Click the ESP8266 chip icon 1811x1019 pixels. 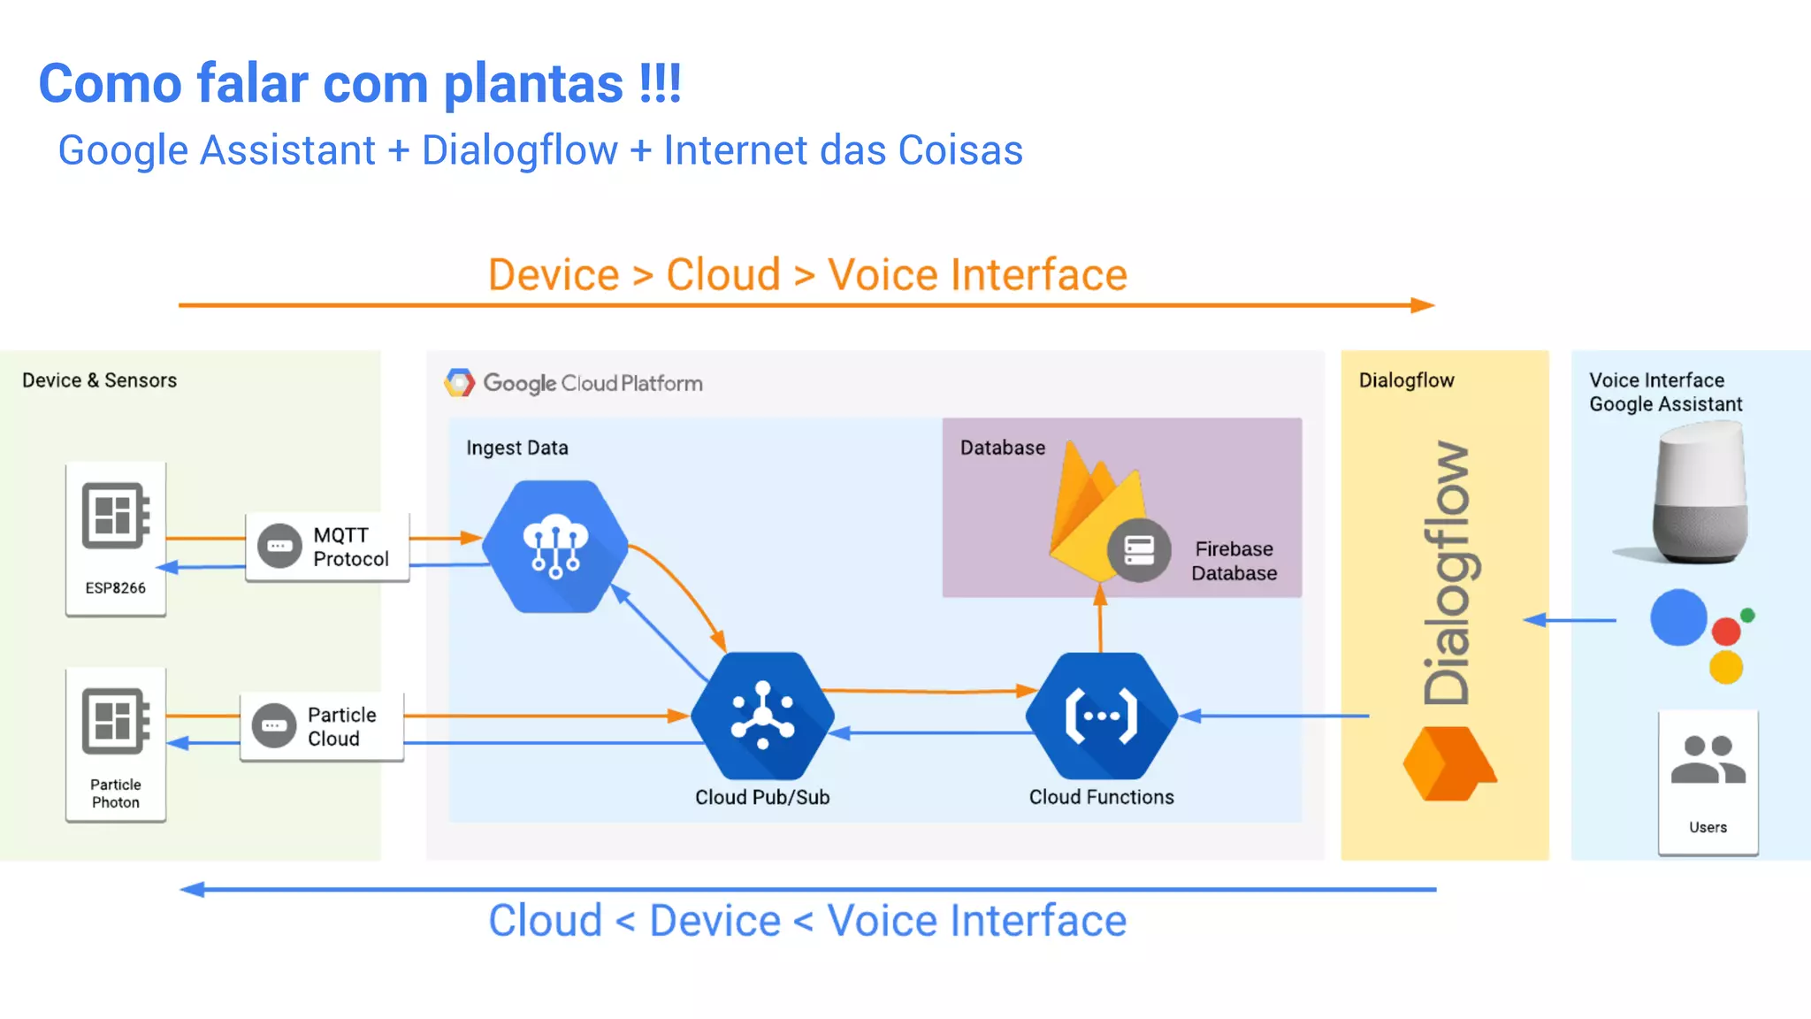(115, 516)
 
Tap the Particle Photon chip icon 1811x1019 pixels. (115, 721)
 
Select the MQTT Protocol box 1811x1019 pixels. (327, 547)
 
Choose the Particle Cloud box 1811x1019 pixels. (322, 726)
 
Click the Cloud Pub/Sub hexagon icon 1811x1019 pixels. (762, 716)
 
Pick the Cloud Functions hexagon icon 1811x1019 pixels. (1101, 716)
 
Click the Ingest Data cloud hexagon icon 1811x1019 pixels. (555, 546)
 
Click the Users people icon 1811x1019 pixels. (1708, 761)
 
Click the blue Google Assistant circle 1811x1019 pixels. (1677, 617)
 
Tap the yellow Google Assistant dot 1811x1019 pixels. (1725, 667)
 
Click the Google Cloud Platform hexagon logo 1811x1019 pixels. (460, 383)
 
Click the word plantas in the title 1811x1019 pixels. (533, 84)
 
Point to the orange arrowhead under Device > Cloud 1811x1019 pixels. (1422, 305)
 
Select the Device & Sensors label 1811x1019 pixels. (99, 380)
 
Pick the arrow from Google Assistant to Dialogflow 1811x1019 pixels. (1570, 620)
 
